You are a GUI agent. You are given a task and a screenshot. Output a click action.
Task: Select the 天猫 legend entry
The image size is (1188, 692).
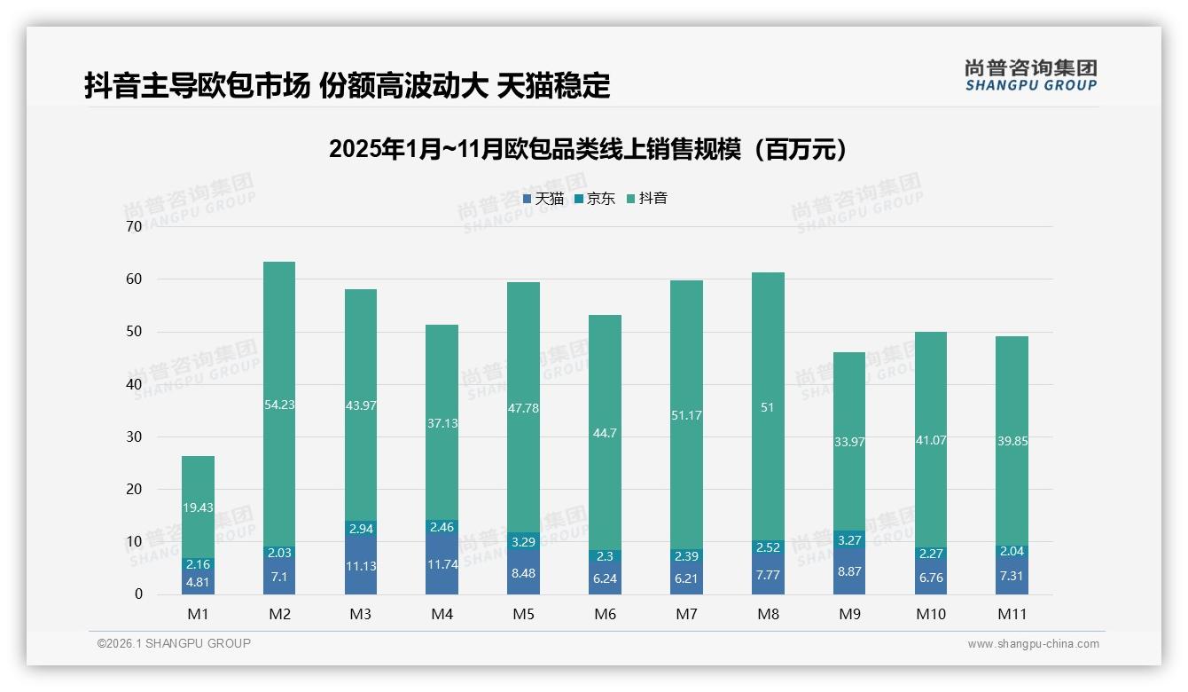(543, 199)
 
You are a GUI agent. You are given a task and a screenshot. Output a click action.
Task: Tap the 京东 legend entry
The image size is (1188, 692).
(595, 199)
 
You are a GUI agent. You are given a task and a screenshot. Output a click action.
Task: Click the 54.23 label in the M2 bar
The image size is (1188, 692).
(279, 405)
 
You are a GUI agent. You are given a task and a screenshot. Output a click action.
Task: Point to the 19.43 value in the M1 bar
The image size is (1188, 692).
(198, 507)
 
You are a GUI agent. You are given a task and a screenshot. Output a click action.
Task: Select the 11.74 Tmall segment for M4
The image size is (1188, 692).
(442, 562)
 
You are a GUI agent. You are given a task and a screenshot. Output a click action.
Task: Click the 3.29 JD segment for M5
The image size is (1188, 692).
(523, 540)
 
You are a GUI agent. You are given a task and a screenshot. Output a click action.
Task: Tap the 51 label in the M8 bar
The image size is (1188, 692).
(768, 407)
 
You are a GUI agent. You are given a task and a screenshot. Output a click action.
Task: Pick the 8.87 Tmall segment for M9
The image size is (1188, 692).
(849, 571)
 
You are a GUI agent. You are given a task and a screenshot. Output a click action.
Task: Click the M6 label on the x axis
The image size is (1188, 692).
(605, 614)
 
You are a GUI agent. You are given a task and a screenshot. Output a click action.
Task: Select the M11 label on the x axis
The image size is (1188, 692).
(1012, 614)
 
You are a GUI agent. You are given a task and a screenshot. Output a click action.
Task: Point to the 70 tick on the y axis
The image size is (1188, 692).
(134, 227)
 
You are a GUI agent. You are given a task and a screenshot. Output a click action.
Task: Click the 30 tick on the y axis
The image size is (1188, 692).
(134, 436)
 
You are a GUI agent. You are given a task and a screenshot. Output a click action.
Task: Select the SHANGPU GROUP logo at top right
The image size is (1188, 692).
(1030, 75)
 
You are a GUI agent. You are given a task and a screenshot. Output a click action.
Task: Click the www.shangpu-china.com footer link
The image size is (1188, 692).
(1033, 644)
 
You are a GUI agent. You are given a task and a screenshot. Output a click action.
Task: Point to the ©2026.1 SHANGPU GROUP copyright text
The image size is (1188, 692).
(174, 643)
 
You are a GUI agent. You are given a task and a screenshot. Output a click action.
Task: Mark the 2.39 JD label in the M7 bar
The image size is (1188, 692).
(686, 556)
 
